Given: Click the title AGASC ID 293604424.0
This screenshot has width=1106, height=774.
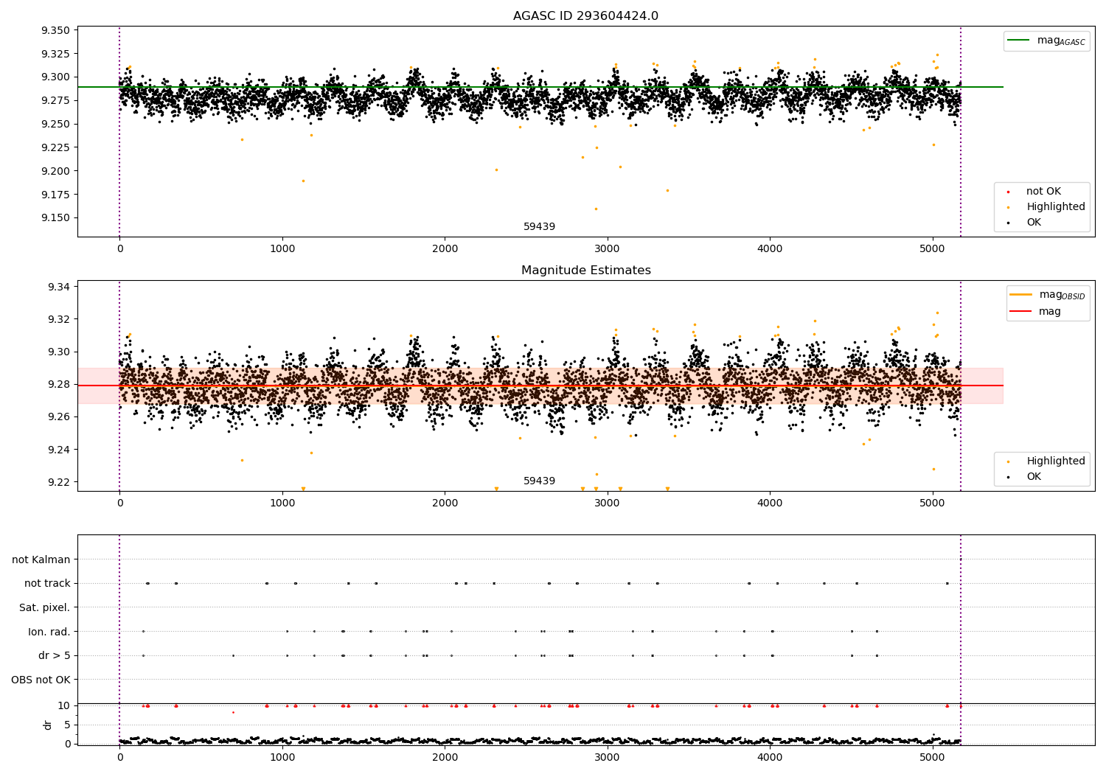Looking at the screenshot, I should [585, 16].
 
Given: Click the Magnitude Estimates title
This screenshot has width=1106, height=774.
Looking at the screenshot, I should [585, 271].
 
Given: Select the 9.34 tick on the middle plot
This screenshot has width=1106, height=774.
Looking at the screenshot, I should [58, 287].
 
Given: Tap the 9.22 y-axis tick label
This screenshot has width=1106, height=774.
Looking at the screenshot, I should [58, 482].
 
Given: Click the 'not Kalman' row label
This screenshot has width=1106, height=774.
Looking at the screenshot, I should [41, 559].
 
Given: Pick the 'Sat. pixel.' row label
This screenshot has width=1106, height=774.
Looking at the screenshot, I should [44, 607].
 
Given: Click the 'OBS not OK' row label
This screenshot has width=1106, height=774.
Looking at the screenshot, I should [41, 680].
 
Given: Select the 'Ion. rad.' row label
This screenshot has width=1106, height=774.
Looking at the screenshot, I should [49, 632].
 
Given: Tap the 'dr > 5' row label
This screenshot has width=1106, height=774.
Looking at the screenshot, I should [54, 655].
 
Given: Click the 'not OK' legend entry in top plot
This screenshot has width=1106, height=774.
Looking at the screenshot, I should [1043, 192].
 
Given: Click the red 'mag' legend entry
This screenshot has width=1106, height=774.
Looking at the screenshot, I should [1049, 312].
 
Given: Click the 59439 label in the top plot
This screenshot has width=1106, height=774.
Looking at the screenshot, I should [539, 226].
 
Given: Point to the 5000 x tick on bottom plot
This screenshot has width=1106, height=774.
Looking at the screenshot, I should [933, 756].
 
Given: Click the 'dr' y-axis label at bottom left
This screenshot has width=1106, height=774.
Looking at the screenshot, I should [48, 725].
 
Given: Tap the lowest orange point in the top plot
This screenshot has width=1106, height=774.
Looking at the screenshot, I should [596, 209].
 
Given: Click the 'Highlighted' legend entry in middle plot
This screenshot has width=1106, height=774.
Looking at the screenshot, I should [1055, 461].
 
